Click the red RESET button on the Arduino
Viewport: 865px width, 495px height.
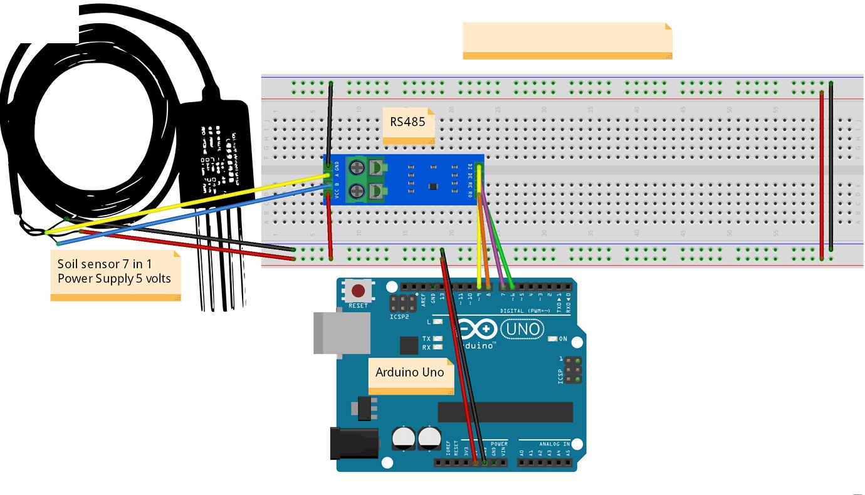click(x=358, y=291)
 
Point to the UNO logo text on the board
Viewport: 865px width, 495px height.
click(x=522, y=328)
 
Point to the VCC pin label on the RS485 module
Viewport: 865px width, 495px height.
click(x=337, y=195)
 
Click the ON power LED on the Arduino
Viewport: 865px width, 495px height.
click(x=552, y=339)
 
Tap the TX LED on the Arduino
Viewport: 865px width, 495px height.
click(x=438, y=338)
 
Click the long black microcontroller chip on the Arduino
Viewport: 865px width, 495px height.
click(x=505, y=412)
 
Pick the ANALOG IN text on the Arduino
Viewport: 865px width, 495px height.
click(x=553, y=444)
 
